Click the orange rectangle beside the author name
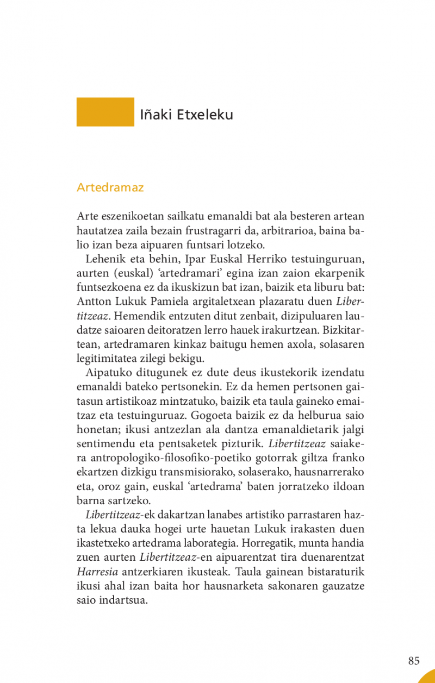point(105,112)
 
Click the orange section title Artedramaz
point(110,188)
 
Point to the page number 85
point(414,661)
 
